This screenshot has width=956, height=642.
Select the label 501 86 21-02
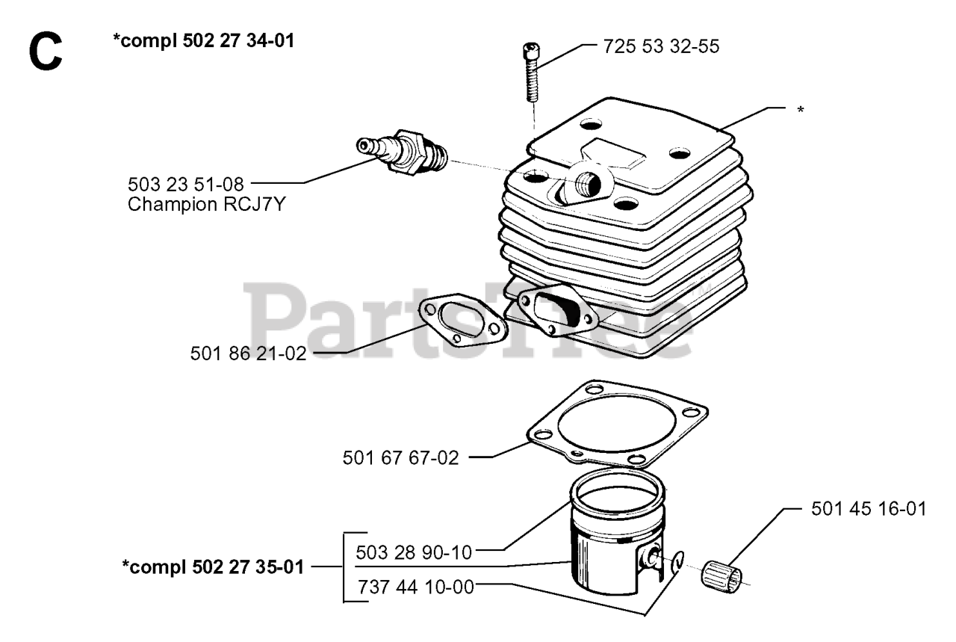[x=249, y=354]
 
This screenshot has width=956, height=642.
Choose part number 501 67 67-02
[x=400, y=457]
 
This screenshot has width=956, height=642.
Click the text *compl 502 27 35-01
[x=212, y=567]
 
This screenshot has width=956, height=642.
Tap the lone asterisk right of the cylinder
[x=801, y=111]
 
